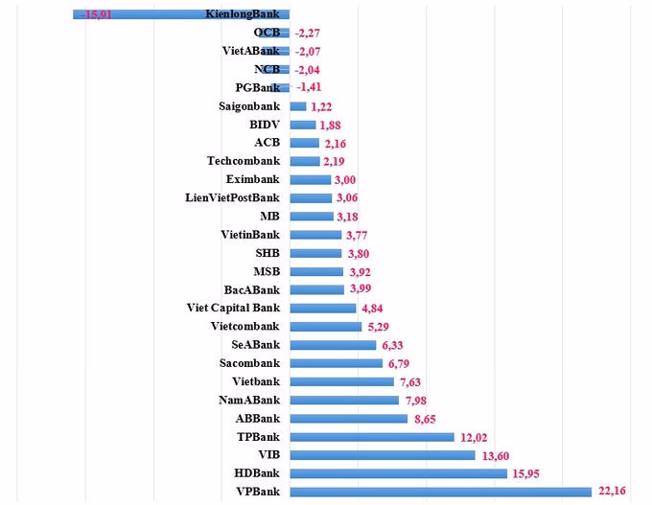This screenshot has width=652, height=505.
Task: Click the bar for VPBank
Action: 440,492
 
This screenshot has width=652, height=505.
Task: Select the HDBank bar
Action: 398,473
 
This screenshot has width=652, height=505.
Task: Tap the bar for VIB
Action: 382,455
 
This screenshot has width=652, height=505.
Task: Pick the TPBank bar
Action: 371,437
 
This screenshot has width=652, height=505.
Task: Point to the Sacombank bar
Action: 336,363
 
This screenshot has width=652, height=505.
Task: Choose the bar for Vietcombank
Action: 325,327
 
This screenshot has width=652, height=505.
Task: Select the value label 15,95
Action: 527,473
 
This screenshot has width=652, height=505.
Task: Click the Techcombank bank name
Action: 244,161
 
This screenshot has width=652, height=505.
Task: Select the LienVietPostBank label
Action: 232,197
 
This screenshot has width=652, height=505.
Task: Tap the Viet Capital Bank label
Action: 233,308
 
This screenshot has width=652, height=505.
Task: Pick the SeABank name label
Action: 256,345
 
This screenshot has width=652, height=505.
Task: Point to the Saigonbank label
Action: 249,105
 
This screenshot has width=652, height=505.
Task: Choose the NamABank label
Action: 249,400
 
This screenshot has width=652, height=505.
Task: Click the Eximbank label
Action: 253,179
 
